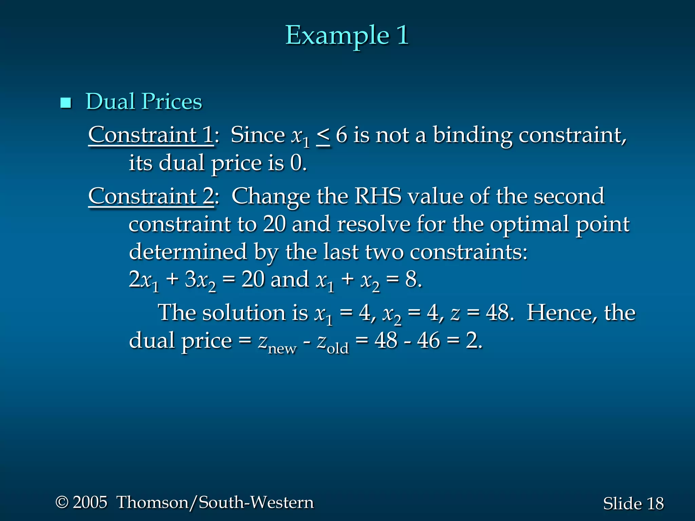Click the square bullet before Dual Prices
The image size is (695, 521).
point(65,102)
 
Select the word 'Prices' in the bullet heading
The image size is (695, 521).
point(172,101)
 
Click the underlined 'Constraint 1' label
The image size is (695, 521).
point(151,135)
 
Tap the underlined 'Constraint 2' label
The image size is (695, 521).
point(151,196)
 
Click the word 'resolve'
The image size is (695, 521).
point(374,224)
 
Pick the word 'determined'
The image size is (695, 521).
point(188,252)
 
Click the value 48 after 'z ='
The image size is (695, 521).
point(497,312)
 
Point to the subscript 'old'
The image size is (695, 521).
point(338,348)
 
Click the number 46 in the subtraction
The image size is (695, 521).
point(429,340)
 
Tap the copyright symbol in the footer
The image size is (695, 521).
point(62,502)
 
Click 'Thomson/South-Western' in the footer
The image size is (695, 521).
point(215,502)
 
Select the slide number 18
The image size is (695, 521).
point(655,503)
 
